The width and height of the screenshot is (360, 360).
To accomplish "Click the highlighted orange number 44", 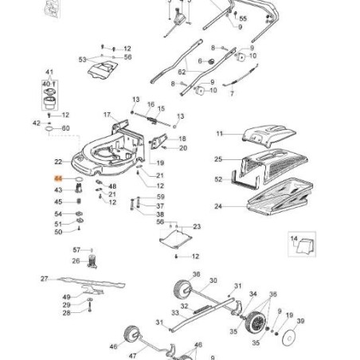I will (57, 181).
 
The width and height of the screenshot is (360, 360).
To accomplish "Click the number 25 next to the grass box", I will (217, 159).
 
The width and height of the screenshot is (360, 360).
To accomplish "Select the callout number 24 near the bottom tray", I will (217, 206).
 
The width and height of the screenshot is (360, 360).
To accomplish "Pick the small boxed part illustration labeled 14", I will (300, 247).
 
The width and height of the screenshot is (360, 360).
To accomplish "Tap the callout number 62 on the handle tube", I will (181, 72).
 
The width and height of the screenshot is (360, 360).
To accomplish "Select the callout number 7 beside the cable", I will (232, 93).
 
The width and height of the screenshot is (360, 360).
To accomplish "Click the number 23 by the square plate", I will (198, 228).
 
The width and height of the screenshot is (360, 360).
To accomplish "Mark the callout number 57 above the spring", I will (76, 250).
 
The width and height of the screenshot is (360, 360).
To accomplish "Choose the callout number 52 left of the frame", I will (217, 180).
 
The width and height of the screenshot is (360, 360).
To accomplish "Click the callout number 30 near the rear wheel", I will (213, 281).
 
